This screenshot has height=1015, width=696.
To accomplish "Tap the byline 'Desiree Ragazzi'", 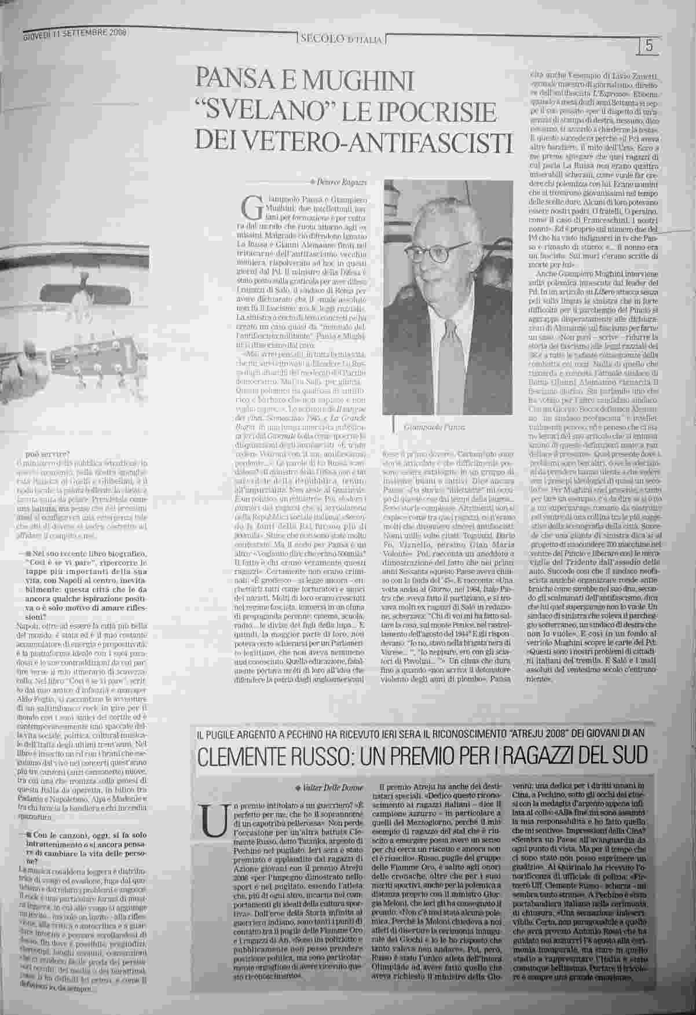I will [x=347, y=183].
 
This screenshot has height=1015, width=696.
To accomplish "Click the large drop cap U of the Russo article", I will [x=210, y=819].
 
